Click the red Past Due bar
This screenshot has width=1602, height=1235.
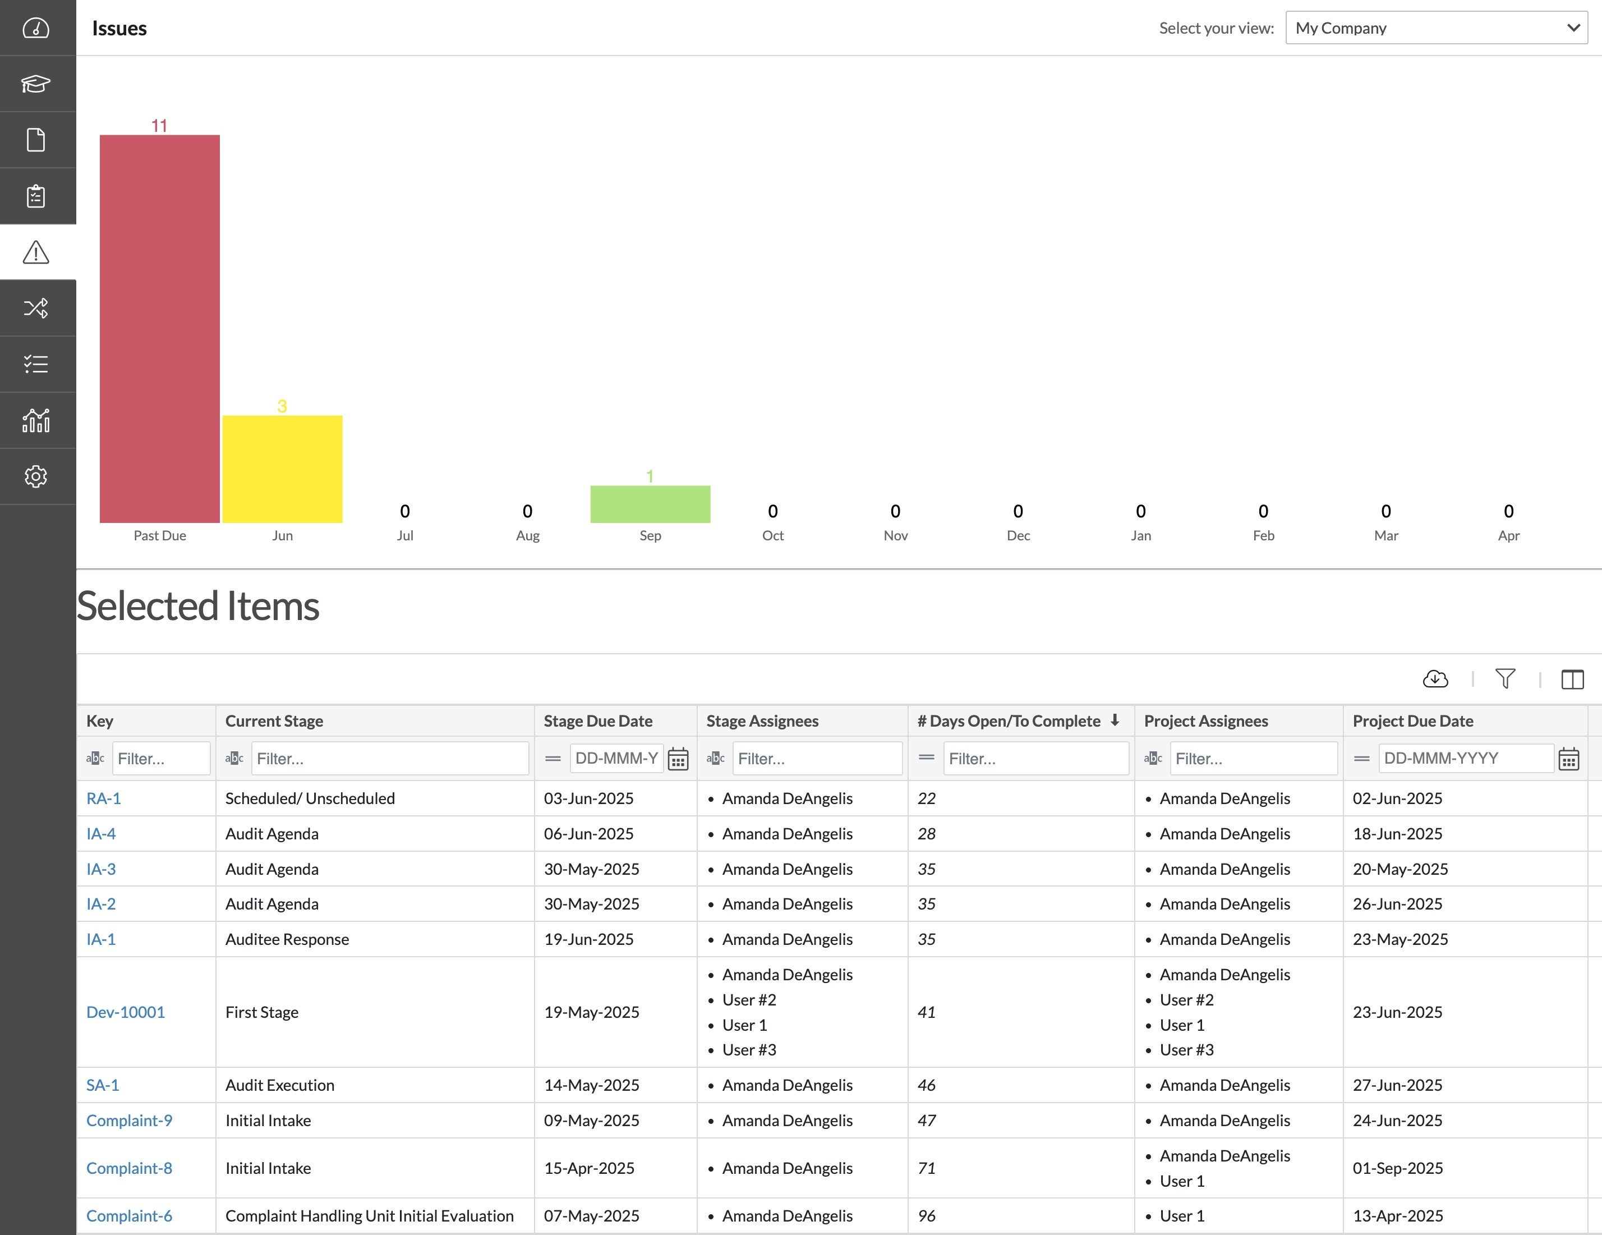159,328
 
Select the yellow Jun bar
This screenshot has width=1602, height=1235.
282,469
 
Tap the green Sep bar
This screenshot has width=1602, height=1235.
650,504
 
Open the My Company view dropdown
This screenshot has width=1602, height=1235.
1436,28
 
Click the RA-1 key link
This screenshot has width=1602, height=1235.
103,798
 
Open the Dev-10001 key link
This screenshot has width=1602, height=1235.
126,1012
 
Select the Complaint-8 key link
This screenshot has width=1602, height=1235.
129,1168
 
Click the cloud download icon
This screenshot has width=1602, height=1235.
1435,679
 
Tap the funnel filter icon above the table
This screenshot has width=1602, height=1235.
1505,679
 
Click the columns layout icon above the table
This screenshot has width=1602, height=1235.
1572,680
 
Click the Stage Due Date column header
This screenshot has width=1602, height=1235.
598,720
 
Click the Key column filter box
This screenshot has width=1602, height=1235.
160,758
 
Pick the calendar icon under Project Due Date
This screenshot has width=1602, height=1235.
1569,759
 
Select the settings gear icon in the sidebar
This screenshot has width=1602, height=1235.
36,476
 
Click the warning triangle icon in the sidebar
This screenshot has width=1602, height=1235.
36,252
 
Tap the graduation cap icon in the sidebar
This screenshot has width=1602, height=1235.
36,84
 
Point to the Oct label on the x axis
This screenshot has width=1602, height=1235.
772,536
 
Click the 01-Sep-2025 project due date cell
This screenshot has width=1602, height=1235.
1397,1168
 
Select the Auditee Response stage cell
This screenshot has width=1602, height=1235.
287,939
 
